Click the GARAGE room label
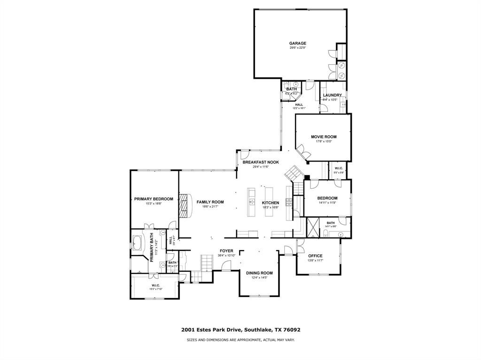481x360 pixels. pyautogui.click(x=297, y=43)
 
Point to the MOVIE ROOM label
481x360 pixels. pyautogui.click(x=324, y=137)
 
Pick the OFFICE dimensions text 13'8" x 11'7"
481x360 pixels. pyautogui.click(x=315, y=260)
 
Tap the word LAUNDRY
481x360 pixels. pyautogui.click(x=332, y=95)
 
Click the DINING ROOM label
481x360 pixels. pyautogui.click(x=259, y=273)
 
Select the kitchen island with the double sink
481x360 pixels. pyautogui.click(x=251, y=202)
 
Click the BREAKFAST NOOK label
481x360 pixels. pyautogui.click(x=261, y=162)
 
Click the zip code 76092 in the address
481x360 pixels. pyautogui.click(x=291, y=330)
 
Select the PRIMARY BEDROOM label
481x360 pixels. pyautogui.click(x=154, y=199)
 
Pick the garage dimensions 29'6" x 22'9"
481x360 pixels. pyautogui.click(x=297, y=48)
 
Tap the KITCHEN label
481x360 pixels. pyautogui.click(x=271, y=203)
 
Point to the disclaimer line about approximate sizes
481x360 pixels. pyautogui.click(x=240, y=340)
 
